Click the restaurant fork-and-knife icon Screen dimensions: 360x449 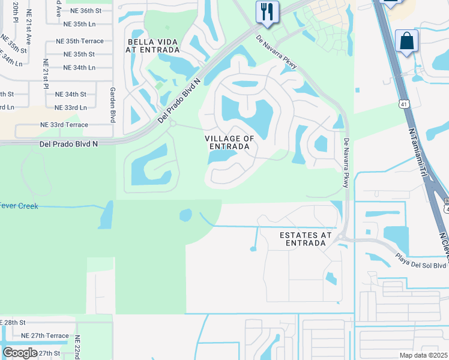click(267, 11)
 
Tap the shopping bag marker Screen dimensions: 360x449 click(406, 41)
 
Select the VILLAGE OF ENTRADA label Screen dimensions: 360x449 click(230, 143)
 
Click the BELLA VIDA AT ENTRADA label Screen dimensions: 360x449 click(150, 46)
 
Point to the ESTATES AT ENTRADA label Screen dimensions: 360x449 click(306, 239)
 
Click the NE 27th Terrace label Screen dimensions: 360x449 click(45, 336)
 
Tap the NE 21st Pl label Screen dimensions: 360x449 click(46, 72)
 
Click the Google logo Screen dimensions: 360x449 click(20, 352)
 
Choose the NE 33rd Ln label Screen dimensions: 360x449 click(71, 107)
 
